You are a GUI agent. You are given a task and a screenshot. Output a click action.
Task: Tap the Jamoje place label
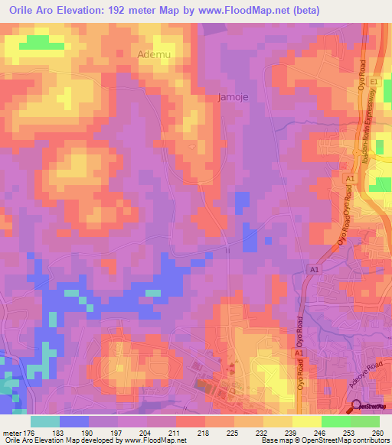[x=229, y=97]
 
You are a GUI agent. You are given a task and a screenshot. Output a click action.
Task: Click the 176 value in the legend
[x=30, y=432]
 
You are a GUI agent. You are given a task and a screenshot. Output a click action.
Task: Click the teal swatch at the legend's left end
[x=45, y=421]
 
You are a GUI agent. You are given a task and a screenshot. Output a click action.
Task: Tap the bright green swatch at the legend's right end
[x=365, y=421]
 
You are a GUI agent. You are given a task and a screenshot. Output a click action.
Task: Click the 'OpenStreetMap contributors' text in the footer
[x=349, y=441]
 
